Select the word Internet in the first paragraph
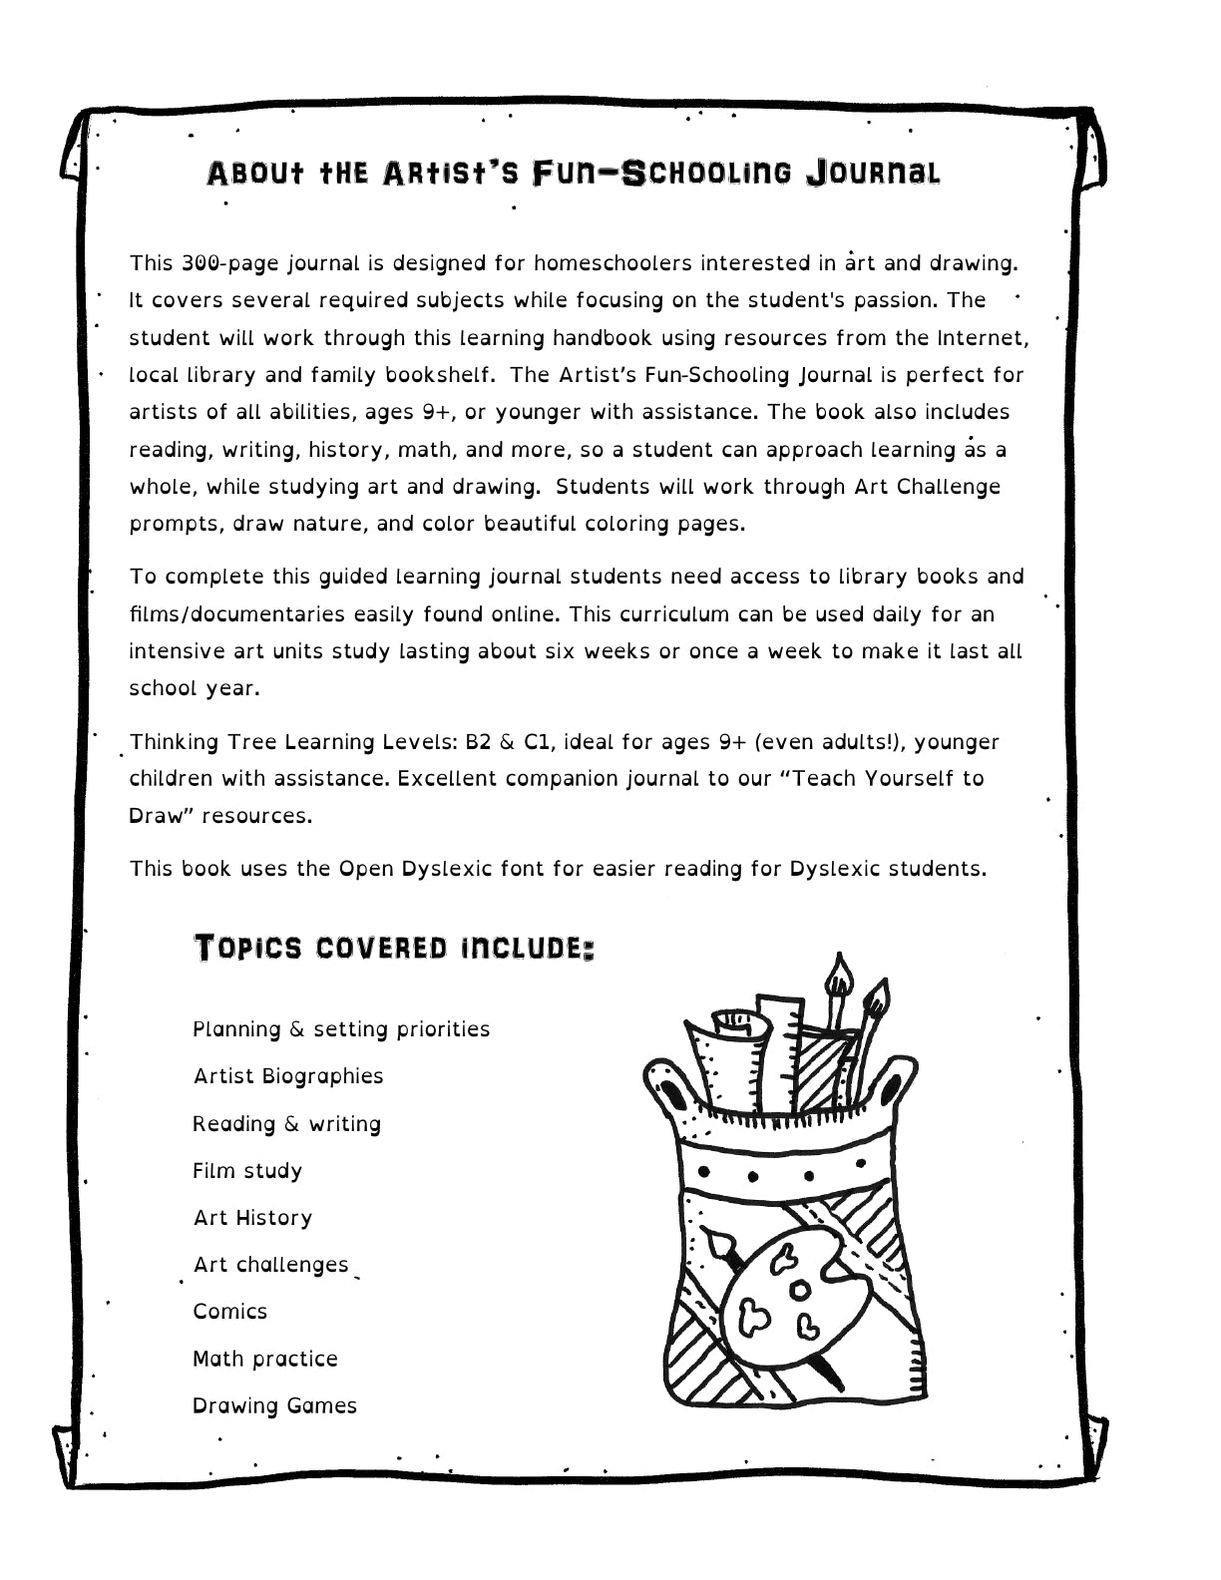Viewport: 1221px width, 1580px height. [982, 337]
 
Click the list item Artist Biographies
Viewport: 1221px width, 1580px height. [288, 1076]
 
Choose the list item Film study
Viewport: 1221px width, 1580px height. [247, 1170]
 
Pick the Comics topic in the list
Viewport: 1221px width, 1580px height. [230, 1311]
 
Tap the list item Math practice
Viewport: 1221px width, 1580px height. [265, 1359]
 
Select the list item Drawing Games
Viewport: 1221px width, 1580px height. [274, 1405]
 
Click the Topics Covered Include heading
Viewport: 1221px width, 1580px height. [394, 948]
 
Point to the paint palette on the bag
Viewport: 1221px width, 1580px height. [787, 1296]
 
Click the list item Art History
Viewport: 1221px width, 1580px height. [253, 1218]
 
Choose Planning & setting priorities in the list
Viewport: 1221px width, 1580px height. [341, 1029]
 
